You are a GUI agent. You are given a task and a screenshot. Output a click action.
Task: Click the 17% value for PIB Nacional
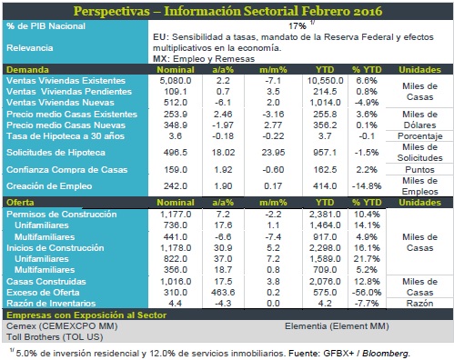point(298,26)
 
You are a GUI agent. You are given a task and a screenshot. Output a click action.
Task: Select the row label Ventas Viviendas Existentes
point(66,81)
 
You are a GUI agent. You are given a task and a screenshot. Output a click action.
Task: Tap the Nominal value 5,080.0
point(176,81)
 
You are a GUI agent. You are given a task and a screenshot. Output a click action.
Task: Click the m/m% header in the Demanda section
point(273,70)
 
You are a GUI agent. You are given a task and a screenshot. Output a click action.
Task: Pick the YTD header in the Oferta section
point(325,203)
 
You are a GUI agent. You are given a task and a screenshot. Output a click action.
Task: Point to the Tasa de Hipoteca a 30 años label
point(66,136)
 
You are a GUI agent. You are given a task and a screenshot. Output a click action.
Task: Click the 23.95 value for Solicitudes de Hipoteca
point(273,152)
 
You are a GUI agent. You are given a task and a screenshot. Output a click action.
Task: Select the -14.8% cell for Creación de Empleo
point(367,185)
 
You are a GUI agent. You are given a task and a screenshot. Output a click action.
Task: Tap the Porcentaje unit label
point(420,136)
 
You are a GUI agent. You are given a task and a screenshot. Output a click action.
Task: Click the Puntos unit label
point(420,169)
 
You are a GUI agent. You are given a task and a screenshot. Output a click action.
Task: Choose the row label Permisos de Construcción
point(62,215)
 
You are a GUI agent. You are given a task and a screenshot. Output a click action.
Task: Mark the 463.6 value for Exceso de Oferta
point(223,293)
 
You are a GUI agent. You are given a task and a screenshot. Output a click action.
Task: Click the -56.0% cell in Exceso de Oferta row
point(367,293)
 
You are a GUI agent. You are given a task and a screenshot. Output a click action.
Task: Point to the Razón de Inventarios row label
point(51,304)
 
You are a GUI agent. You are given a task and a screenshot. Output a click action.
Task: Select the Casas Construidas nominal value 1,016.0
point(176,282)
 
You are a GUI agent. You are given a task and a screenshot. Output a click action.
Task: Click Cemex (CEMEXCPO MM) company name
point(62,326)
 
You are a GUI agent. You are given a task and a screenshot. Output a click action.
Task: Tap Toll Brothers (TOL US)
point(55,337)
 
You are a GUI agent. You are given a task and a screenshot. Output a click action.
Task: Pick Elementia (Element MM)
point(337,326)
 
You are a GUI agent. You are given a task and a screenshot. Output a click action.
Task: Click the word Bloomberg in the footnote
point(386,354)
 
